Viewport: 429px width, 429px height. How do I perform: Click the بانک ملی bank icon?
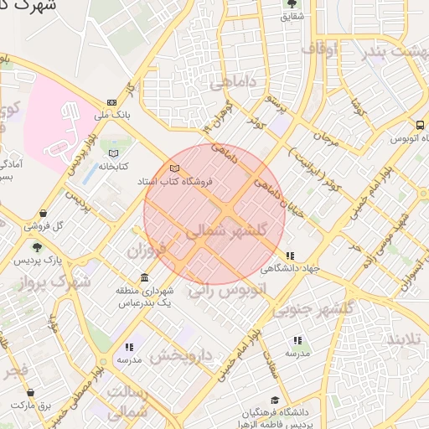click(x=112, y=102)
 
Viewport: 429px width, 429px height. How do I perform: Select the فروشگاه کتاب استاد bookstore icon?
click(x=174, y=168)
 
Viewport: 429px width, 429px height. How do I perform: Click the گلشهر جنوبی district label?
click(x=322, y=308)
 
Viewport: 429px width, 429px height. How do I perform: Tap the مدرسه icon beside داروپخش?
click(x=129, y=347)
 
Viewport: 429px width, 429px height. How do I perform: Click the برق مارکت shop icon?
click(x=32, y=392)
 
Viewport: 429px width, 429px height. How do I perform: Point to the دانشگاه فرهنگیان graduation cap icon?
click(x=274, y=401)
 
